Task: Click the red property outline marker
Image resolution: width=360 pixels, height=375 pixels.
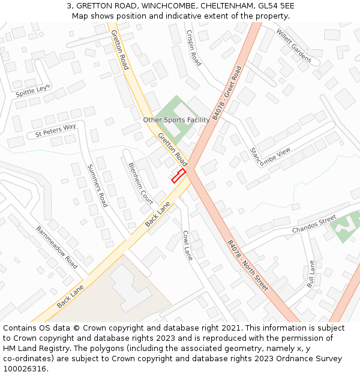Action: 178,176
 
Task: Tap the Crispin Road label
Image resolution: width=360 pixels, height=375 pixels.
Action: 194,47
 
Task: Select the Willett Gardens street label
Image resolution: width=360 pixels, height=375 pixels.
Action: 294,45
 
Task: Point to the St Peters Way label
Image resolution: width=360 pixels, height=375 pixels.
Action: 56,129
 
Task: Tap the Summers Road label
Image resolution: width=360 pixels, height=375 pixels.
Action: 97,185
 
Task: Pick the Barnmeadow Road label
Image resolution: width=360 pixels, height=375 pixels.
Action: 57,247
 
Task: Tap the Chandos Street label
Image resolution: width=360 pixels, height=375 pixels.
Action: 314,226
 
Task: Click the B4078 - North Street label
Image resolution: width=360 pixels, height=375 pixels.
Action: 247,266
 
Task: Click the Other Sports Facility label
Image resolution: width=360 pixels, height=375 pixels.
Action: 176,120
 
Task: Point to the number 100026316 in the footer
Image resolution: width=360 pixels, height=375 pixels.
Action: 25,368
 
